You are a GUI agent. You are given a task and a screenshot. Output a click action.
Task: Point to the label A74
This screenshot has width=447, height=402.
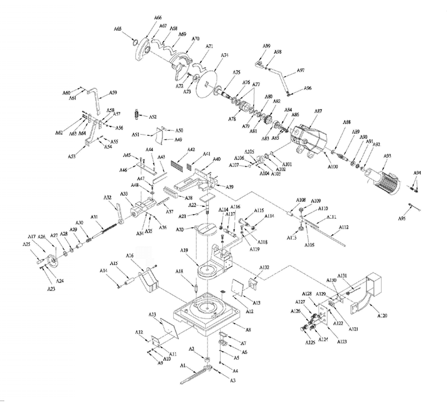click(x=225, y=55)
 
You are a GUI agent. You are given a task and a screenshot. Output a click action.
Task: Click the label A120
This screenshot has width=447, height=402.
click(x=382, y=316)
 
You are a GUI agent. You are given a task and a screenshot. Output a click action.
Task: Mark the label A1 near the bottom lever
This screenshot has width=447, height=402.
click(x=182, y=365)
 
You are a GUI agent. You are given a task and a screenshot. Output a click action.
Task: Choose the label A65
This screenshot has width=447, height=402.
click(x=118, y=28)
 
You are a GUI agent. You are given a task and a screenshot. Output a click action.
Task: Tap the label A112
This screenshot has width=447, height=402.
click(x=343, y=227)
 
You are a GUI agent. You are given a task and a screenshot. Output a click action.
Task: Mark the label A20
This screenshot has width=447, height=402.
click(x=180, y=230)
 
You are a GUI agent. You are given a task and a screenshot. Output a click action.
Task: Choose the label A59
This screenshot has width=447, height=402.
click(x=113, y=93)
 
